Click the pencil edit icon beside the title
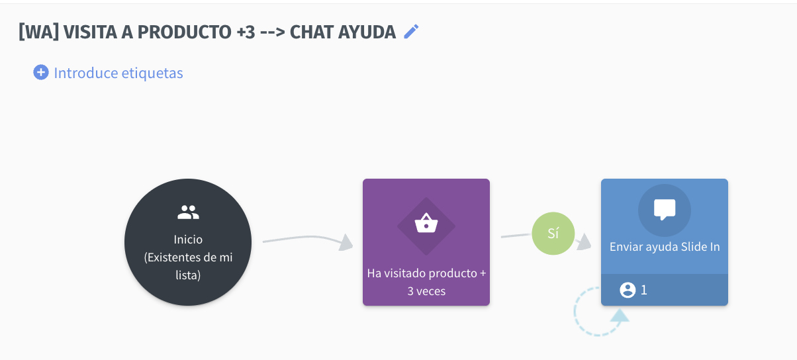[x=411, y=32]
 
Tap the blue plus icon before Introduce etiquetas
[x=41, y=72]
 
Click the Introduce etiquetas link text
[x=118, y=73]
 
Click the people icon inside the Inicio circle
[x=188, y=212]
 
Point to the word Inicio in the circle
[x=188, y=240]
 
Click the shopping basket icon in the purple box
[x=426, y=224]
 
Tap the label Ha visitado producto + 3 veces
[x=426, y=282]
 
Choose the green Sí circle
[x=553, y=234]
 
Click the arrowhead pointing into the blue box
[x=583, y=242]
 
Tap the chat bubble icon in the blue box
[x=664, y=210]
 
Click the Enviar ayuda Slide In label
[x=665, y=247]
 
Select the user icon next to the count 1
[x=628, y=290]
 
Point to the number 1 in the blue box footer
[x=644, y=290]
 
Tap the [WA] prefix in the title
[x=38, y=32]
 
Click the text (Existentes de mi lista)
[x=188, y=266]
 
